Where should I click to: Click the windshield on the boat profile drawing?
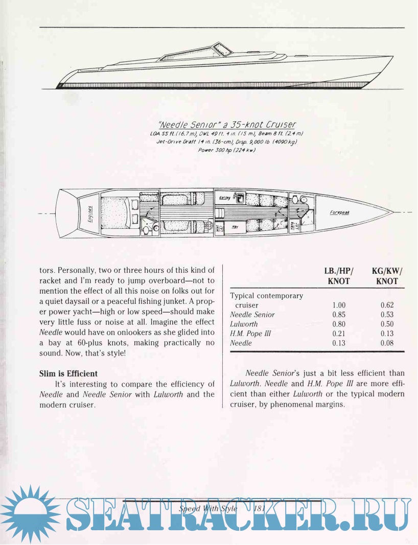(223, 49)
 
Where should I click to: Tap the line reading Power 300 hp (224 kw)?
(226, 150)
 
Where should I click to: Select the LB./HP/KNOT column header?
(338, 276)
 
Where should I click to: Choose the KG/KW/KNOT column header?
(387, 276)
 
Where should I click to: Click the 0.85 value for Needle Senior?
(339, 315)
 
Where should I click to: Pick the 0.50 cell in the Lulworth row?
(387, 324)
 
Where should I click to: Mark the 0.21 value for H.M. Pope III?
(339, 334)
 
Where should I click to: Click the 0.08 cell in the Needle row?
(387, 343)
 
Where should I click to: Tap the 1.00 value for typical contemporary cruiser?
(339, 305)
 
